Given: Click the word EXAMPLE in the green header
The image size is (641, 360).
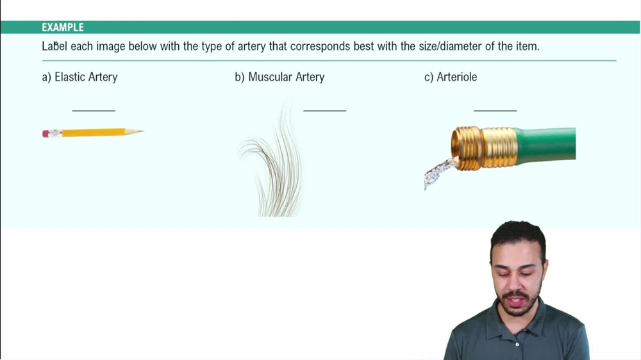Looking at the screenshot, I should [x=63, y=28].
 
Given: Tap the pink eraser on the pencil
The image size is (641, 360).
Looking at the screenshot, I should [x=46, y=134].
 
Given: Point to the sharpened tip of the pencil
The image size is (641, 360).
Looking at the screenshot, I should [x=142, y=131].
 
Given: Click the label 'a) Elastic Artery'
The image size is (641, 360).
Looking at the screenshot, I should [x=79, y=77].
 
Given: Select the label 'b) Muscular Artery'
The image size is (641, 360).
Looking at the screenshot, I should [x=279, y=77].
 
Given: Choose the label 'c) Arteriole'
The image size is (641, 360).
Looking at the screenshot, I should [x=451, y=77].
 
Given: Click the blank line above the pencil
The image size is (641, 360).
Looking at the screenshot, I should [x=94, y=110].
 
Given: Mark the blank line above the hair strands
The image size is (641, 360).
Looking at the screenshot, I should [x=324, y=110].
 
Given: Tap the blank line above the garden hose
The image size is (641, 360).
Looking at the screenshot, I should [x=495, y=110].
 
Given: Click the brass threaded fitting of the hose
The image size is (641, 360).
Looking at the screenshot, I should [x=484, y=148].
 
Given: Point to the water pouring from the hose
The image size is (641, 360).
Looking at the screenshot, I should [x=439, y=172].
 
